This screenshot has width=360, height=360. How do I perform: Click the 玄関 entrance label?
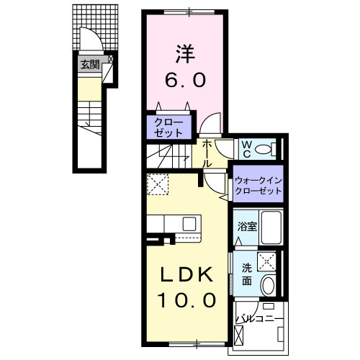pyautogui.click(x=89, y=64)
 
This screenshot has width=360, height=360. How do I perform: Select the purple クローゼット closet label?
pyautogui.click(x=170, y=127)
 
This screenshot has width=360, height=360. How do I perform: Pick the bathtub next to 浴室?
pyautogui.click(x=269, y=228)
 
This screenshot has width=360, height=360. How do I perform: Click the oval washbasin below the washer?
pyautogui.click(x=269, y=285)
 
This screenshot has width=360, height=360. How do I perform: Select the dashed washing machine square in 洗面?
pyautogui.click(x=268, y=261)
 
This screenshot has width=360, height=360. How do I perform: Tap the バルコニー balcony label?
pyautogui.click(x=259, y=317)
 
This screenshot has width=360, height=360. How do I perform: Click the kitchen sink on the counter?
pyautogui.click(x=189, y=223)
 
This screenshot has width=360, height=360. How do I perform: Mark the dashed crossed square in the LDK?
pyautogui.click(x=156, y=185)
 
